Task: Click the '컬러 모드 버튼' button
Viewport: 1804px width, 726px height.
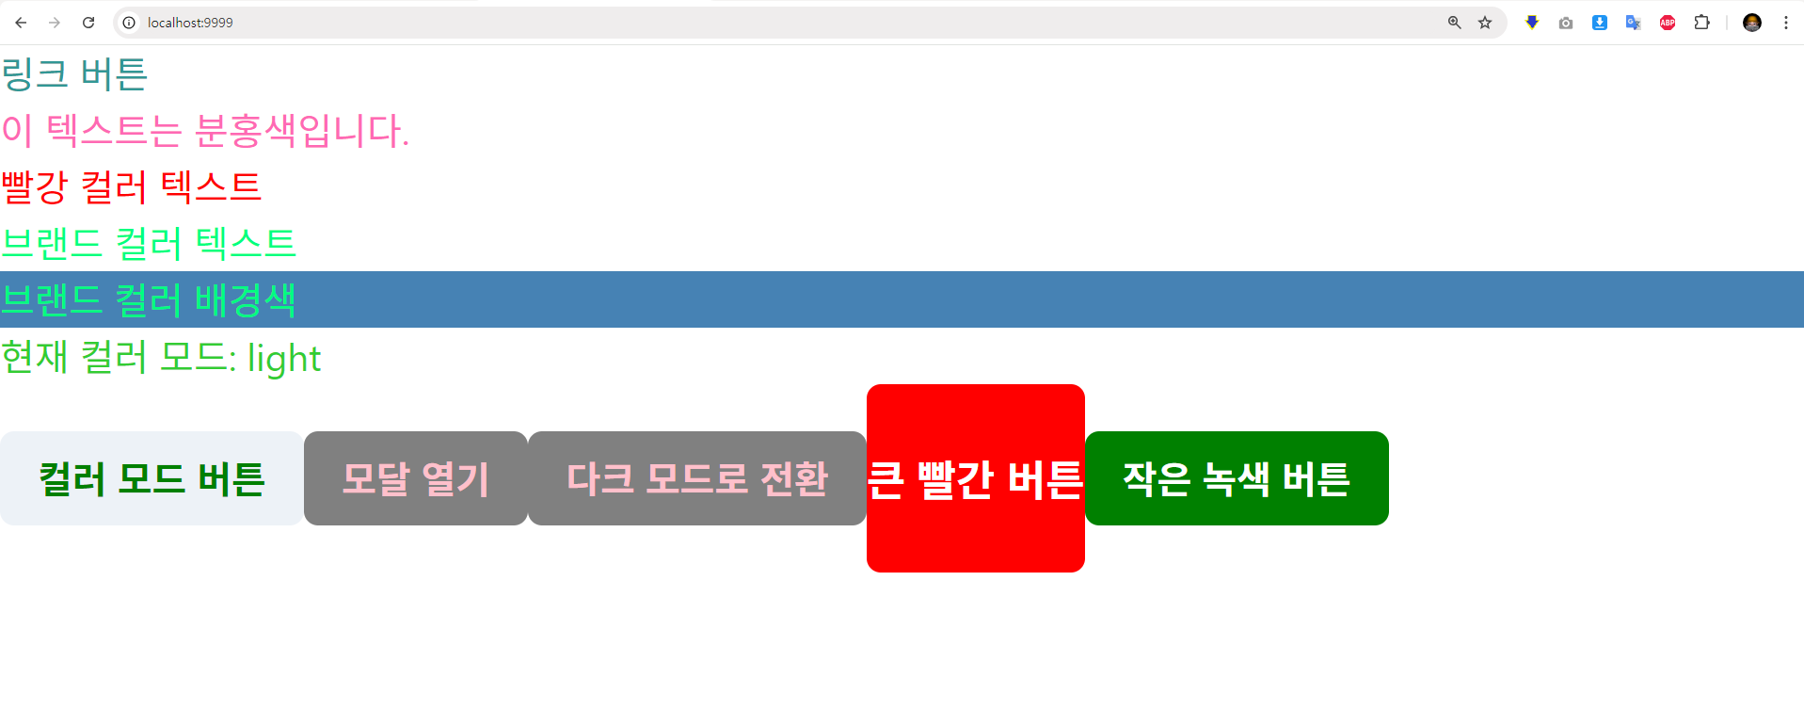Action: point(152,478)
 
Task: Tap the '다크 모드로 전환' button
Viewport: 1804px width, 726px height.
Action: point(696,478)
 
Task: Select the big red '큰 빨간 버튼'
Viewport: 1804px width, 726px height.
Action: point(975,478)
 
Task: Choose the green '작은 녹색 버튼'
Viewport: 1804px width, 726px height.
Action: point(1236,478)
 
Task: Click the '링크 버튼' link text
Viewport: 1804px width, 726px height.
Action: point(74,74)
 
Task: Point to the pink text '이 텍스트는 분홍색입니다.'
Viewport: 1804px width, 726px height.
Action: point(205,130)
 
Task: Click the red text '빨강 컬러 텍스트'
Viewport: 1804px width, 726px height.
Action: point(131,186)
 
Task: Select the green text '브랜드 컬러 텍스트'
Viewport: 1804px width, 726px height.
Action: point(149,243)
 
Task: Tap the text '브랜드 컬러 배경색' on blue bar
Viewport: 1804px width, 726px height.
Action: point(149,299)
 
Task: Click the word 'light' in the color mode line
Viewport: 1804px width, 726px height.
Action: point(284,359)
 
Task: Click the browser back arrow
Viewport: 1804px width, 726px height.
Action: point(21,23)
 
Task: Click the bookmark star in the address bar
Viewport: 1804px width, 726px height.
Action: point(1485,23)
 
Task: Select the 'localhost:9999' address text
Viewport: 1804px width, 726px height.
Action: point(190,23)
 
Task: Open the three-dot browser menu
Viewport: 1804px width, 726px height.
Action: point(1785,23)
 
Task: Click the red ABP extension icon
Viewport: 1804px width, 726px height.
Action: point(1668,23)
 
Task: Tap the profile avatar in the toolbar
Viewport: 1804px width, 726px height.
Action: point(1751,23)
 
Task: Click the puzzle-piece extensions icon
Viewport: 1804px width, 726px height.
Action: point(1701,23)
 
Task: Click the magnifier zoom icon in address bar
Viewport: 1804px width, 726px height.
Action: point(1454,23)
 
